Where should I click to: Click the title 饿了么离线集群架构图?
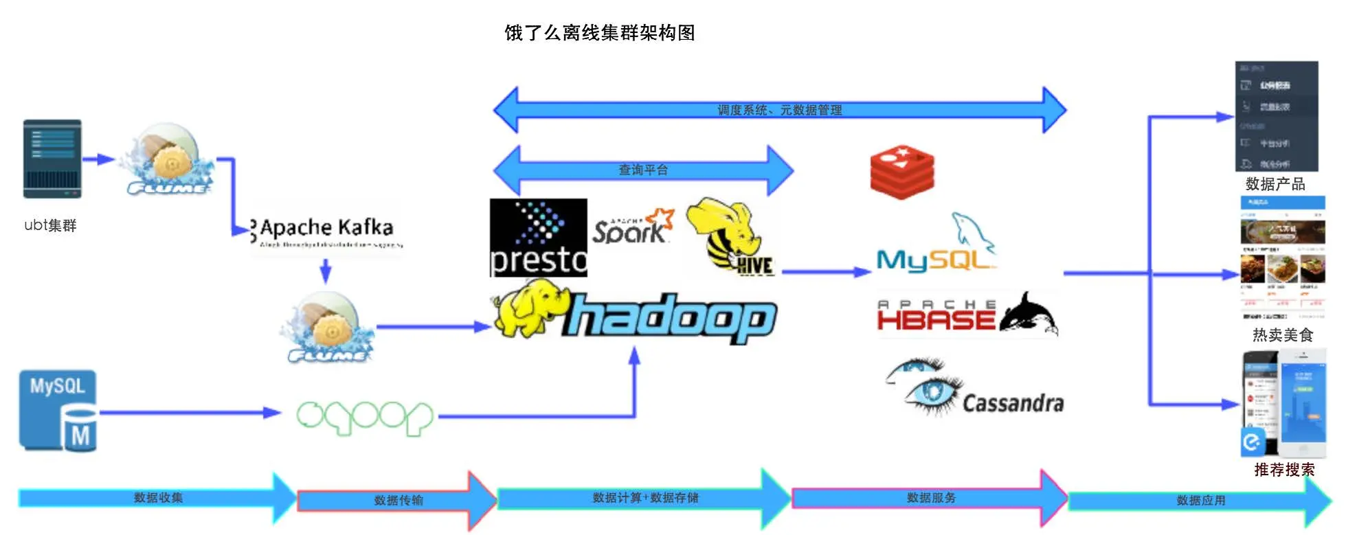599,32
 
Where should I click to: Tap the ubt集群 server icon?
52,159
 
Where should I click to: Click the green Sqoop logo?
364,416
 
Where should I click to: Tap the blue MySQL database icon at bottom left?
58,411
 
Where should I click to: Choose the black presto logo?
538,238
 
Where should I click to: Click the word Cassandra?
1013,403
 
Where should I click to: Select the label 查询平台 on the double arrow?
643,170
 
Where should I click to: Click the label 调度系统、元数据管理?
779,110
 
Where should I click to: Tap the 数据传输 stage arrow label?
399,501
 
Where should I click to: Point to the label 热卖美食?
1282,334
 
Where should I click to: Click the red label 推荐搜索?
1283,470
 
